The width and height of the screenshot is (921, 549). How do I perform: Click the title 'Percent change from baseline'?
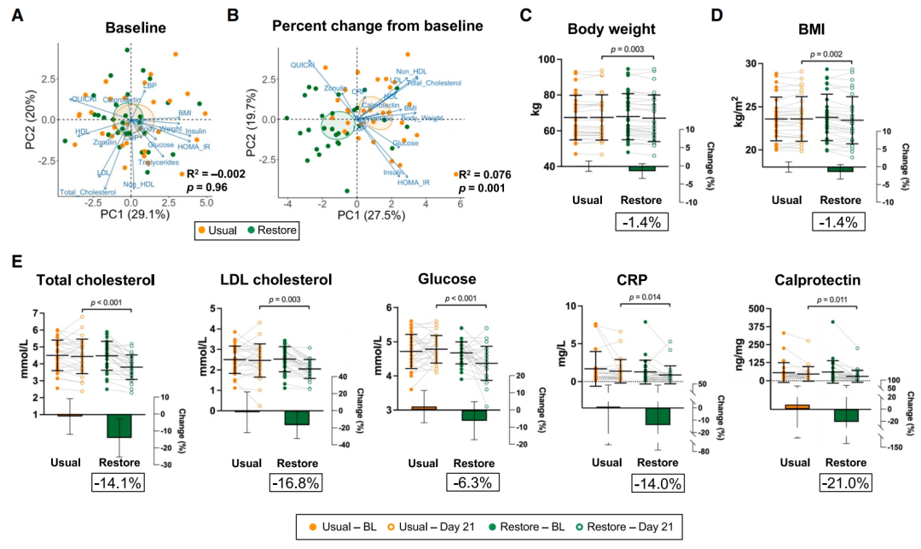point(378,26)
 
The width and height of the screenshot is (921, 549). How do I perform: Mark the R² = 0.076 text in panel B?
point(487,172)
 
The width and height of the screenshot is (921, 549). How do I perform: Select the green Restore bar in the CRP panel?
point(657,416)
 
